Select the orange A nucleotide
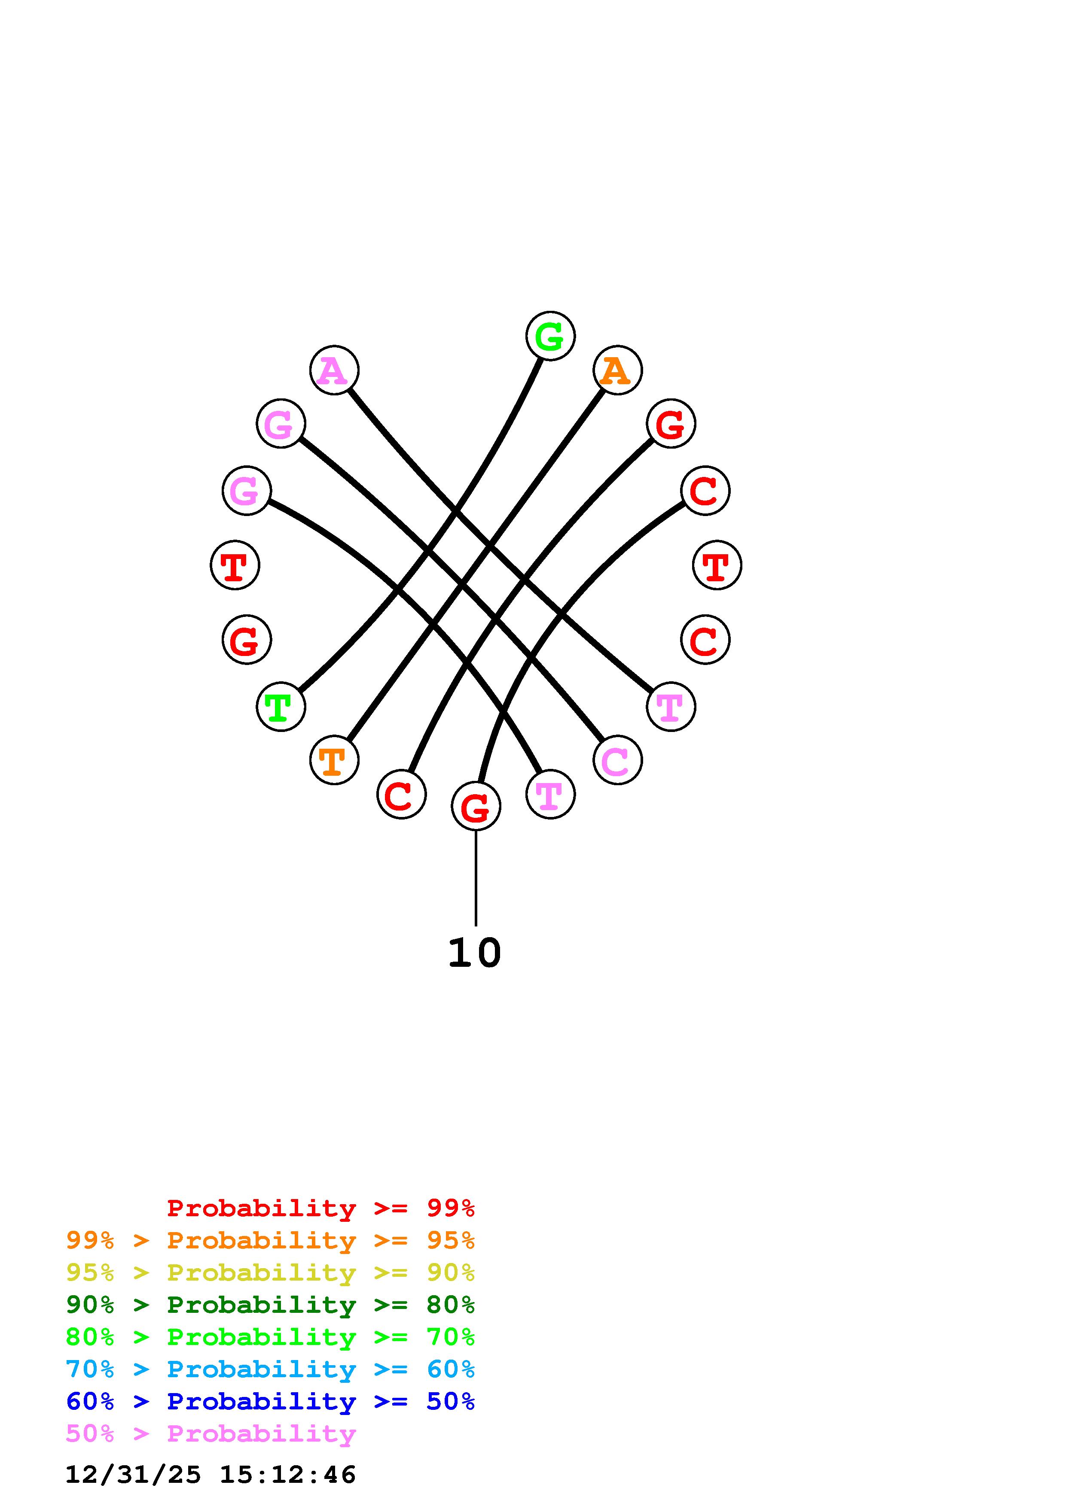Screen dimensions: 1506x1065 [617, 370]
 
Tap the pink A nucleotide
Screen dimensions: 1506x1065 [334, 370]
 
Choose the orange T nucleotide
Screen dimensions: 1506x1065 [334, 760]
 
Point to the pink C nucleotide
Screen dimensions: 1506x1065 [617, 760]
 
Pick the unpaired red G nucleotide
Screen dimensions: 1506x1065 [247, 640]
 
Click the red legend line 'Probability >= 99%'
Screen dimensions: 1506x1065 [321, 1208]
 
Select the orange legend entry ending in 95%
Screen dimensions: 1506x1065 [270, 1240]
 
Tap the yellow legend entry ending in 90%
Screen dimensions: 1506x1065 [270, 1272]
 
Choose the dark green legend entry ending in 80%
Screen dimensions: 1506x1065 [270, 1305]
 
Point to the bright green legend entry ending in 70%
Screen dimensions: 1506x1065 [270, 1337]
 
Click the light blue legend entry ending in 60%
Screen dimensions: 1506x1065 [270, 1369]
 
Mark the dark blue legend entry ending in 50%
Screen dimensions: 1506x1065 [270, 1401]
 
